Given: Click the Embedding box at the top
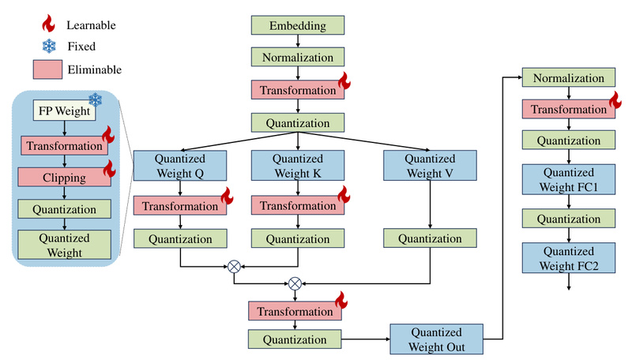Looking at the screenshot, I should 296,25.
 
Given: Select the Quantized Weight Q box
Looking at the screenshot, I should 181,166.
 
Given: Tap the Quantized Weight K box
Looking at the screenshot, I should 296,166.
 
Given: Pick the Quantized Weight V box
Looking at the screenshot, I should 429,166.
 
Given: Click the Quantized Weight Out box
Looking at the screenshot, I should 436,339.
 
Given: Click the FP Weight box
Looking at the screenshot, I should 63,111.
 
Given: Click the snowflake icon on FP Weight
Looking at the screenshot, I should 96,99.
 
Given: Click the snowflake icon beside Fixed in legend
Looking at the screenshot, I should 47,46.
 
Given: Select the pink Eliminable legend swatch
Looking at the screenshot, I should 47,69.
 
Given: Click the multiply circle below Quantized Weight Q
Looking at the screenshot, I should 234,266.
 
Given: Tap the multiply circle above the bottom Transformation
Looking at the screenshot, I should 295,283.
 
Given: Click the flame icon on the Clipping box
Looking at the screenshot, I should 109,168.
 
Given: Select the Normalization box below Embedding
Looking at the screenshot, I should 296,58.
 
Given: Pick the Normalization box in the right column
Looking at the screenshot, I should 568,78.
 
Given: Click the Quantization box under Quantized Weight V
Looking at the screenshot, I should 429,238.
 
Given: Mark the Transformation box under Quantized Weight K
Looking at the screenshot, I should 296,206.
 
